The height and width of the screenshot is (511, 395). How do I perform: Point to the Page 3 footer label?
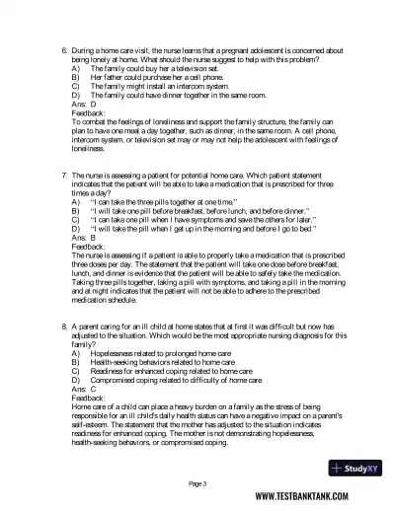(x=197, y=483)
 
